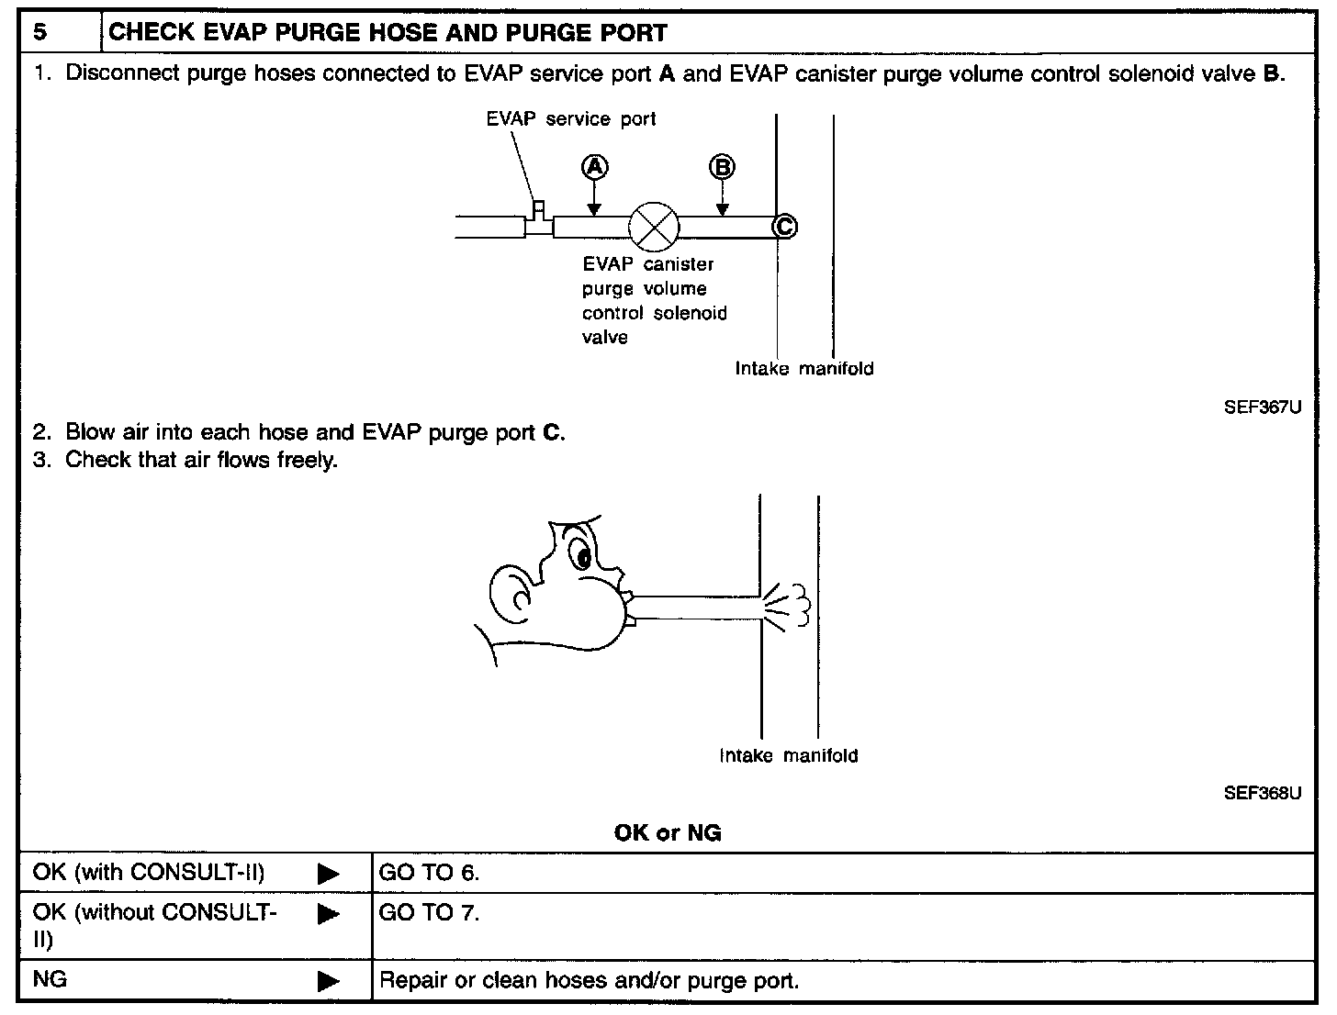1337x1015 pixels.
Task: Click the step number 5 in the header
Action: (x=39, y=33)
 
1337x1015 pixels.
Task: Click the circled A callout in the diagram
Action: (x=594, y=167)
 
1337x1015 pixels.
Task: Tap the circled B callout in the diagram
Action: (x=723, y=167)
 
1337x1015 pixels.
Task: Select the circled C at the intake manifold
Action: (x=784, y=226)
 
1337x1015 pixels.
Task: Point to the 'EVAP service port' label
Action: (x=571, y=119)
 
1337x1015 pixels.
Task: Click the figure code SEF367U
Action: (x=1262, y=407)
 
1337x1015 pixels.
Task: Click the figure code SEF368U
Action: (x=1262, y=793)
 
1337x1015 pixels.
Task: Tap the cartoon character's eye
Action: (x=581, y=556)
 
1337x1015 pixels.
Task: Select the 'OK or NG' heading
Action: (x=668, y=832)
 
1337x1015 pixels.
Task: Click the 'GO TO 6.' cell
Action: (x=430, y=873)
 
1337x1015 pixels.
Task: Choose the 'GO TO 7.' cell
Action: (x=430, y=914)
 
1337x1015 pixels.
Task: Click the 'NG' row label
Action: (x=50, y=979)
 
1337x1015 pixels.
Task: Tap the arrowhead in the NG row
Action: (x=328, y=981)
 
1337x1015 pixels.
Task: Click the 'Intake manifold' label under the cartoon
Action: (x=788, y=756)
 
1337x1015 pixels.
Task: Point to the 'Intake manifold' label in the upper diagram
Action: (x=803, y=369)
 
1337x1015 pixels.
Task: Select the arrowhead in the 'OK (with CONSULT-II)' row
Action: (x=328, y=874)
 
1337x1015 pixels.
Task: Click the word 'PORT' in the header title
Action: (x=630, y=33)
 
